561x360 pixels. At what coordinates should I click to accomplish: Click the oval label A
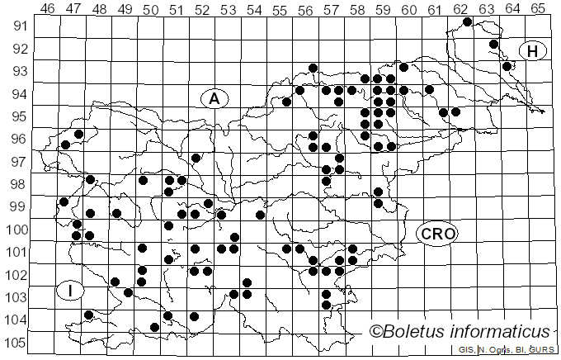click(x=214, y=98)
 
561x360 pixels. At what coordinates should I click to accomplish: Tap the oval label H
click(x=533, y=51)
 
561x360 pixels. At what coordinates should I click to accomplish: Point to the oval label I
click(x=71, y=290)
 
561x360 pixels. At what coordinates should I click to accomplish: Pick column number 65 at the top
click(x=538, y=9)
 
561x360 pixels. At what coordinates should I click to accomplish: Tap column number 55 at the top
click(x=280, y=9)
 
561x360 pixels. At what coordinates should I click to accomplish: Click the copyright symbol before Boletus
click(x=376, y=332)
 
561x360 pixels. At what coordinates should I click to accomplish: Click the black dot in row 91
click(x=467, y=21)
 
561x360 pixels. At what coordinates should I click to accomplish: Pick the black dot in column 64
click(x=507, y=66)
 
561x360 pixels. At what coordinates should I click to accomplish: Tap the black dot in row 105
click(x=154, y=327)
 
